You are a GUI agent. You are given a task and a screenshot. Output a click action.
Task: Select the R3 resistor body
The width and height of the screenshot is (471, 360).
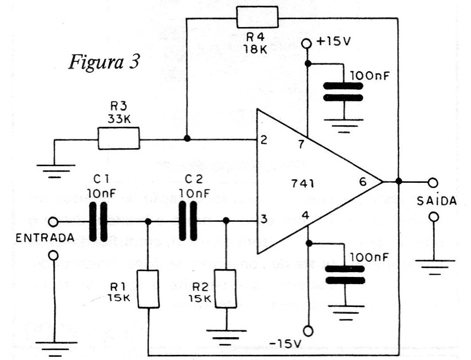[119, 139]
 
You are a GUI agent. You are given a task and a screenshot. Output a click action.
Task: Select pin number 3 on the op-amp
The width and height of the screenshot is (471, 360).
[264, 219]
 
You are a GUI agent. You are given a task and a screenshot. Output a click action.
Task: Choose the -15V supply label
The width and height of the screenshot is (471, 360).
[285, 343]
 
